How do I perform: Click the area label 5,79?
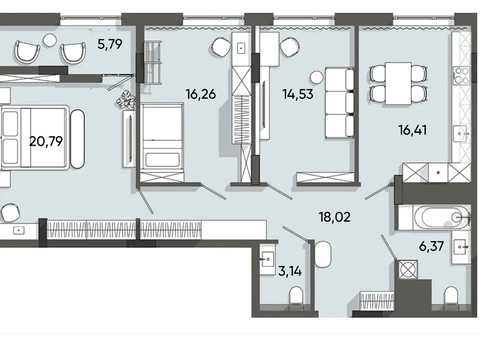(110, 44)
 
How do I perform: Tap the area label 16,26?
(201, 94)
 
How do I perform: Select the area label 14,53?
(298, 94)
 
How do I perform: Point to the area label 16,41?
(413, 130)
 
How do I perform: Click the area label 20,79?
(46, 141)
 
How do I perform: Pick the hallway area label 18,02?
(335, 217)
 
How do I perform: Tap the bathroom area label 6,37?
(431, 246)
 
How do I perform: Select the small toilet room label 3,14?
(290, 271)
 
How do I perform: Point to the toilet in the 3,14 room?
(296, 295)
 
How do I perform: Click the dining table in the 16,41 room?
(398, 83)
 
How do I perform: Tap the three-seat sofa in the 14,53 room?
(339, 102)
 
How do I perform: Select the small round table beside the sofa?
(316, 78)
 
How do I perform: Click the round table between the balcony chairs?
(50, 41)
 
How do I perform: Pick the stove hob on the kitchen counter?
(460, 77)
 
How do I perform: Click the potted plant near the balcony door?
(126, 100)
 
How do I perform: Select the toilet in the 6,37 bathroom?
(452, 295)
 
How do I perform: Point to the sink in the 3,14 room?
(268, 259)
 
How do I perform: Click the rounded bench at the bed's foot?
(78, 138)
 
